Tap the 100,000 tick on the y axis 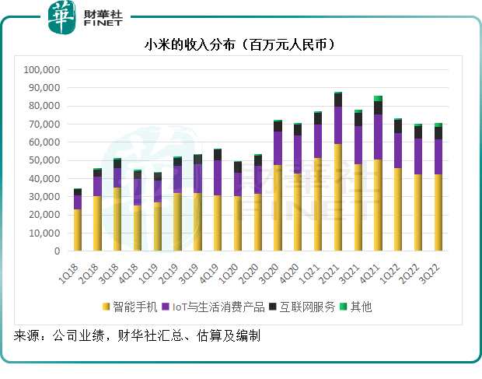coord(43,70)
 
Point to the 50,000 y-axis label coord(45,160)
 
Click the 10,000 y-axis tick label coord(45,233)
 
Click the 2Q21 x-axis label coord(335,267)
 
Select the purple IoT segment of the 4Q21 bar coord(378,137)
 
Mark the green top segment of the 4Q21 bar coord(378,98)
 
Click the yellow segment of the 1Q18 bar coord(77,230)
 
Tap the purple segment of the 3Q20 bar coord(278,148)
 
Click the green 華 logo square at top coord(61,17)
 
